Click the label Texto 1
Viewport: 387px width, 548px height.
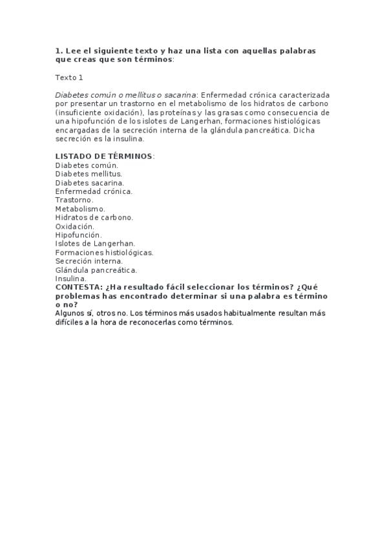pyautogui.click(x=69, y=77)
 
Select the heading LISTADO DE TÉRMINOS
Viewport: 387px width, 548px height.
pyautogui.click(x=104, y=156)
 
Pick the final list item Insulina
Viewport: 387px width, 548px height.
pyautogui.click(x=70, y=279)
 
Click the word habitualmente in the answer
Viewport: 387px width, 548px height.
pyautogui.click(x=252, y=313)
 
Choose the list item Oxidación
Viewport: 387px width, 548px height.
pyautogui.click(x=74, y=226)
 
